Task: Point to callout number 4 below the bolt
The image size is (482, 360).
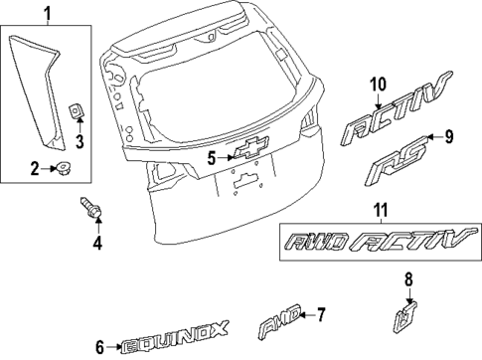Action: [97, 242]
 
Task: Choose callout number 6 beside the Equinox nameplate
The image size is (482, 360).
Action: [101, 347]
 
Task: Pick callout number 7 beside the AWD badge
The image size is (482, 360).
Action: [320, 315]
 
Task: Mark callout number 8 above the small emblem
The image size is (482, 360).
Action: [407, 280]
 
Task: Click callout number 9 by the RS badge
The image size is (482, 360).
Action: [448, 136]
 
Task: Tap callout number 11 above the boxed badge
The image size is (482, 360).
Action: [381, 211]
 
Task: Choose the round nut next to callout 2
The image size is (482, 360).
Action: [62, 168]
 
